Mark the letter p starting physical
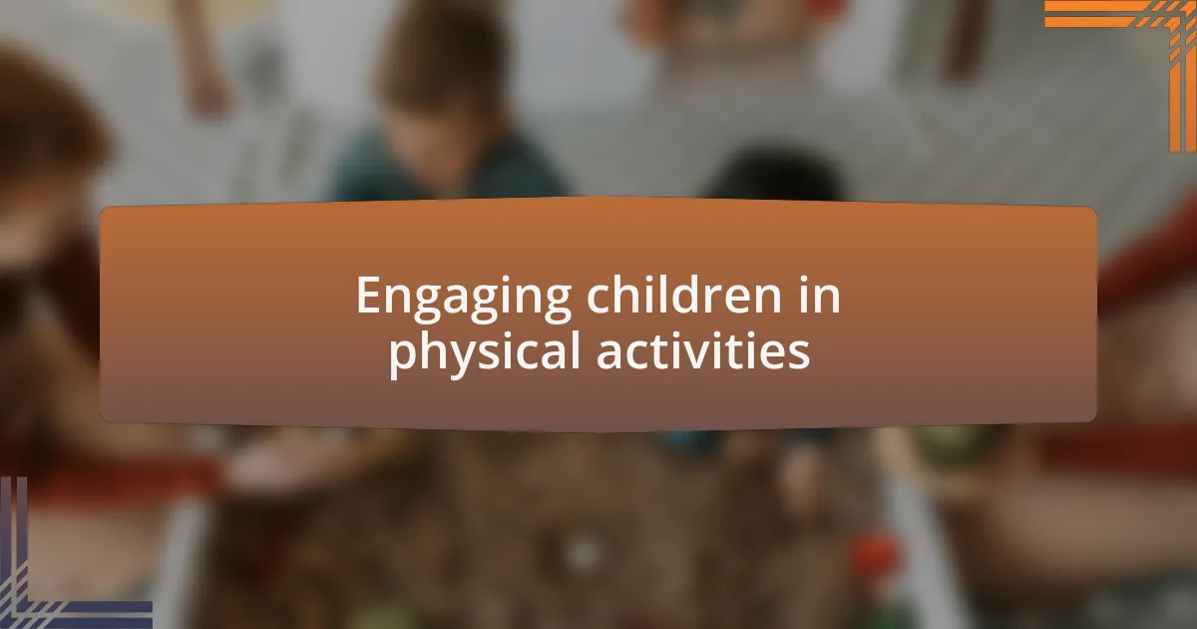401,357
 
